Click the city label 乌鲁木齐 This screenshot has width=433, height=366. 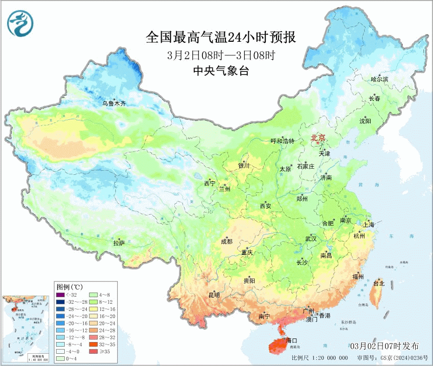(113, 103)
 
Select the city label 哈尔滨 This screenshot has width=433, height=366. (379, 80)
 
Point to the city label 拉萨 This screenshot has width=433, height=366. (119, 243)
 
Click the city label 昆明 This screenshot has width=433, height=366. (214, 295)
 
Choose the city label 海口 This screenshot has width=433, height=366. (292, 340)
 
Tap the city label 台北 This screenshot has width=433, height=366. (379, 283)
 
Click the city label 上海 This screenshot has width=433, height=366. (368, 224)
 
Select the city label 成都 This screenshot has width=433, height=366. (227, 242)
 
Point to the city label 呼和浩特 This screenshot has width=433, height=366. (283, 141)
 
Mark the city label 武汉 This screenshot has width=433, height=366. (311, 239)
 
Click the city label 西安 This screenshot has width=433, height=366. (265, 206)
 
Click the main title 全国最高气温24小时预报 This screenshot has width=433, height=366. (221, 38)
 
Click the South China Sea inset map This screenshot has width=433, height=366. (26, 328)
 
